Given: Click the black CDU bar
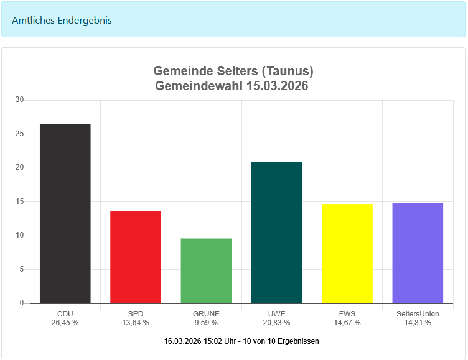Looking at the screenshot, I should [65, 213].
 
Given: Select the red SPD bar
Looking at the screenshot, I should [136, 257].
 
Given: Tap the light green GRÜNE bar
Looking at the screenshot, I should [206, 270].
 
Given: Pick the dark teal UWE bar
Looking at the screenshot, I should [276, 233].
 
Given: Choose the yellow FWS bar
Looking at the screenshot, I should [347, 253].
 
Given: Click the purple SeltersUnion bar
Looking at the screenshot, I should [418, 252].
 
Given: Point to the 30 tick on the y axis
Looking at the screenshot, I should [19, 99].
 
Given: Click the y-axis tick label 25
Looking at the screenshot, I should [19, 134].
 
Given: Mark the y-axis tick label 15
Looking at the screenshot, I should [19, 201].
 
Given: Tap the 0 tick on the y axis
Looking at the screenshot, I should [21, 303].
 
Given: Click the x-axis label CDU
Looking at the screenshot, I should [65, 314].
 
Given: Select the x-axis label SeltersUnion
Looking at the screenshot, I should [418, 314].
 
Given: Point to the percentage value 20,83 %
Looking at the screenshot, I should [276, 323].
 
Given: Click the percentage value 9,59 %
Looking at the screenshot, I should [206, 323].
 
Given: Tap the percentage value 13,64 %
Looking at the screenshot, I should [136, 323].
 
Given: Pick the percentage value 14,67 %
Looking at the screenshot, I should [347, 323].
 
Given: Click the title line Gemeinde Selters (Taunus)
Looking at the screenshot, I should [233, 71].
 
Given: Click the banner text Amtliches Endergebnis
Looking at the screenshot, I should [62, 20].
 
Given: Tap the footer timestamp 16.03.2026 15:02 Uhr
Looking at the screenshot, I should [205, 341].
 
